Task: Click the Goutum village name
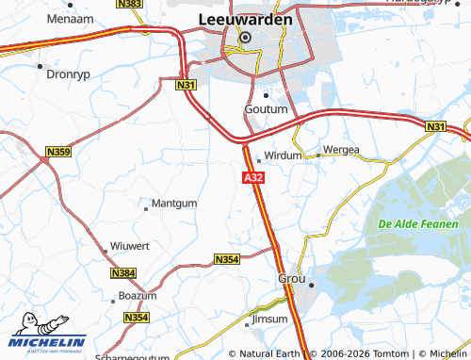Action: (x=265, y=109)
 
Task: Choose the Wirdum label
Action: (x=283, y=155)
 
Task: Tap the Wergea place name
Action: (x=341, y=150)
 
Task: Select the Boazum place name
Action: (x=138, y=296)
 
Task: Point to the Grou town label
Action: (x=292, y=279)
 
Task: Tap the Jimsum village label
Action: (x=268, y=321)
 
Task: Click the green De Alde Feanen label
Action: (x=423, y=224)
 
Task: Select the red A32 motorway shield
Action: (x=252, y=177)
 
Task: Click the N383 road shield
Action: (x=133, y=5)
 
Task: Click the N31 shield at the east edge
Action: (x=434, y=126)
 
